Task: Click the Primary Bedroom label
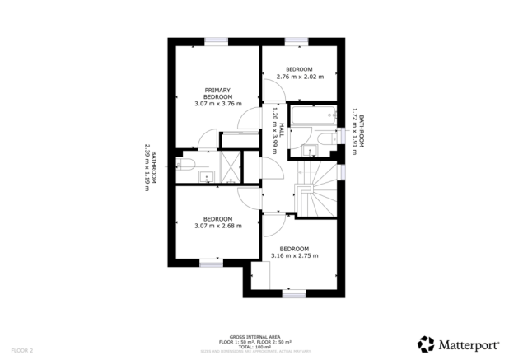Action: (217, 93)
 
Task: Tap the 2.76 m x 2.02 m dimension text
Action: (299, 77)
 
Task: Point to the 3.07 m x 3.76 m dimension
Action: (217, 104)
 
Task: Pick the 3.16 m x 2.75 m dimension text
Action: (294, 256)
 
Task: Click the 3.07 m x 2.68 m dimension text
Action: (217, 226)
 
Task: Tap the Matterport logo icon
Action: (425, 344)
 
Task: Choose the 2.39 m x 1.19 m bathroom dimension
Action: (147, 168)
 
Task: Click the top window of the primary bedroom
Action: (216, 41)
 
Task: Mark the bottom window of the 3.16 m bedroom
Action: (293, 293)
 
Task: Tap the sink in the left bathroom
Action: (208, 174)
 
